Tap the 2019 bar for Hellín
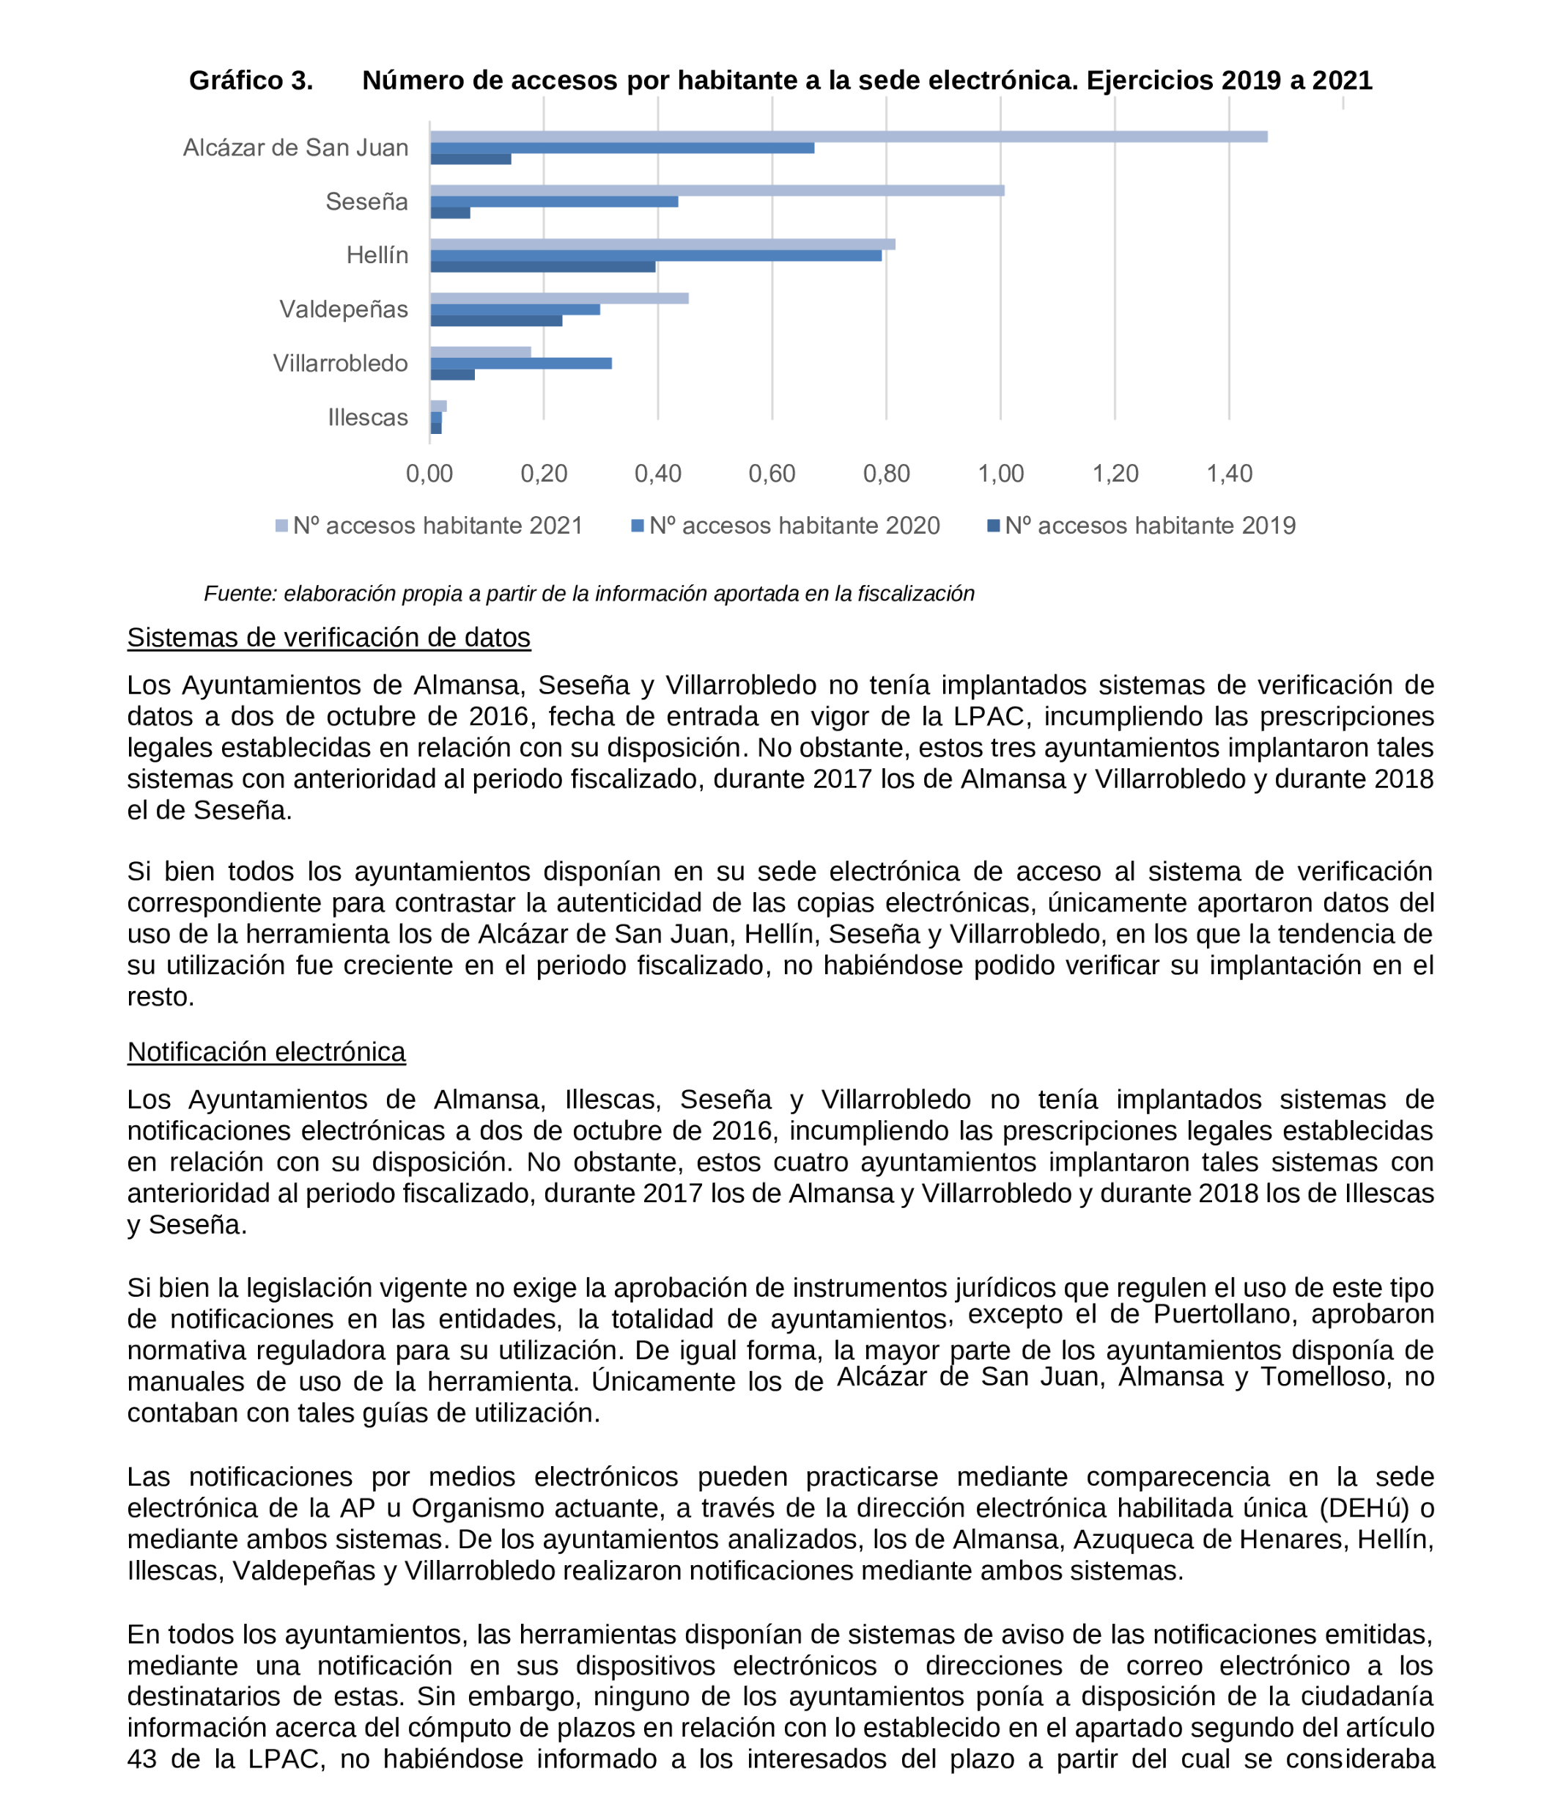[542, 267]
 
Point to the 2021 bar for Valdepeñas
[559, 298]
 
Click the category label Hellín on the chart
[377, 255]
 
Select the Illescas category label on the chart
[368, 418]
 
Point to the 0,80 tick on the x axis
[886, 474]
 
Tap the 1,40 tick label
[1229, 474]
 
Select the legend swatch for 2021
[281, 526]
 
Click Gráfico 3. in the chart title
[251, 81]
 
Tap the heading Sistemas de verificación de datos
[328, 638]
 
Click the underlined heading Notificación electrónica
[266, 1052]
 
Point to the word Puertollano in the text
[1222, 1314]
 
